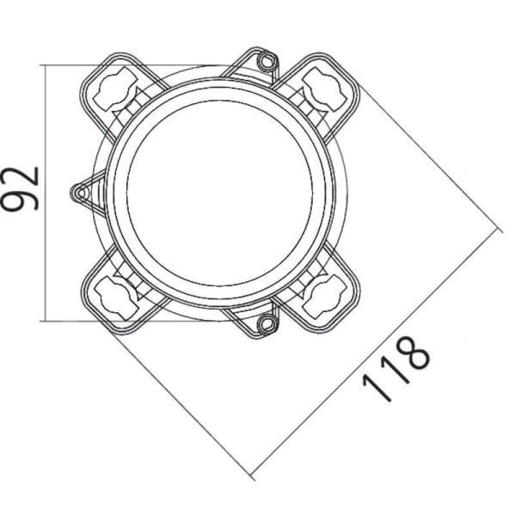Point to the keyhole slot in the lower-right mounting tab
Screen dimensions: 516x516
click(326, 295)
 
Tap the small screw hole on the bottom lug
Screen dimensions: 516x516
click(268, 323)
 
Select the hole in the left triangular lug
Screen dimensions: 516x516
click(81, 193)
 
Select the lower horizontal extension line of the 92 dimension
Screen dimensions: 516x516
click(69, 320)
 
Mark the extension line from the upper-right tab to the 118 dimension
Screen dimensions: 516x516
click(430, 163)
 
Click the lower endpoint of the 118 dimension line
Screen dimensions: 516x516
click(253, 476)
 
